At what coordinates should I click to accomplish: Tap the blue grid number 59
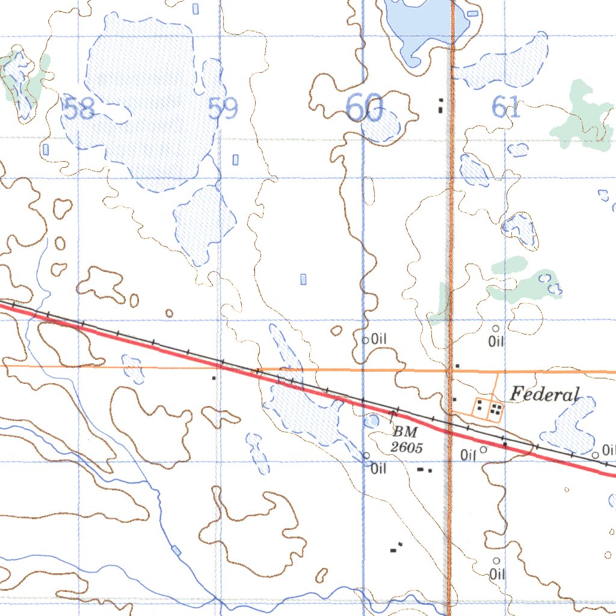click(x=223, y=109)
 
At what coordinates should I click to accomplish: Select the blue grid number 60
click(x=365, y=109)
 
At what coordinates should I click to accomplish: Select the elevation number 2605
click(x=407, y=447)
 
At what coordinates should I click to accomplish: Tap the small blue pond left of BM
click(x=372, y=421)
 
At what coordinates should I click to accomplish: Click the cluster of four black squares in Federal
click(x=496, y=410)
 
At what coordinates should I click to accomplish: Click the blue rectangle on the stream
click(x=176, y=550)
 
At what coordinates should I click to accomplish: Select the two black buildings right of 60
click(x=442, y=106)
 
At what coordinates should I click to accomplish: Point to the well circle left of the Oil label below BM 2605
click(x=366, y=455)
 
